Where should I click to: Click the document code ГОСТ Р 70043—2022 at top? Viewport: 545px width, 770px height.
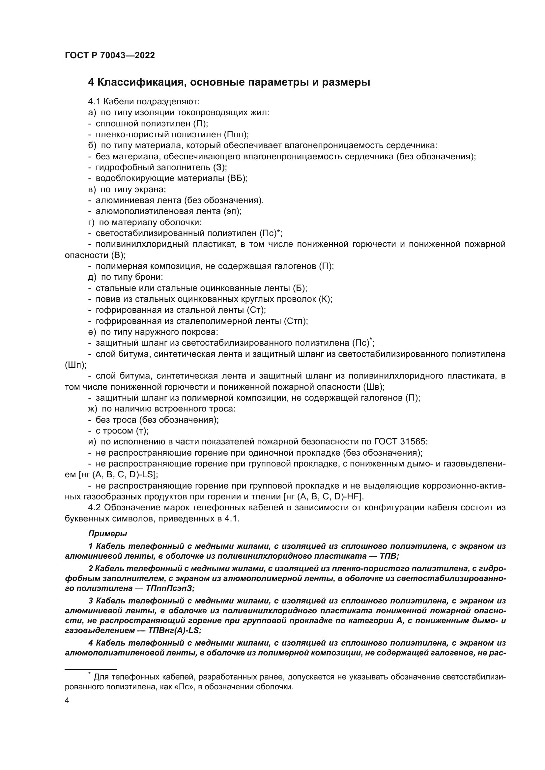(110, 56)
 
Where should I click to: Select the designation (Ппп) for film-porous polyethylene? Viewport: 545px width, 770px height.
(236, 135)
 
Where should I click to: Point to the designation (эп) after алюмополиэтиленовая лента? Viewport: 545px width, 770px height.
(234, 211)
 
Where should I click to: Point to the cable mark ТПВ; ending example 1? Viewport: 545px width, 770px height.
(389, 556)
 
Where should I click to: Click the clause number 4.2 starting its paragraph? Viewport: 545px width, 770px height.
(95, 508)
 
